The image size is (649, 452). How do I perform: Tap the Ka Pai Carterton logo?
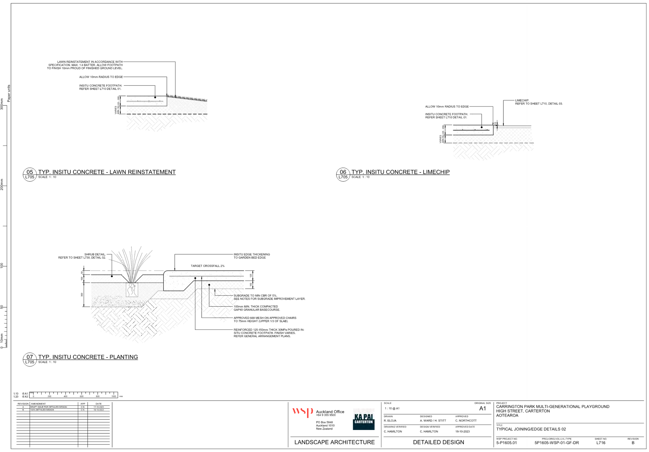tap(364, 419)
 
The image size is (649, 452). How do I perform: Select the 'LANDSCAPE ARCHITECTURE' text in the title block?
tap(334, 442)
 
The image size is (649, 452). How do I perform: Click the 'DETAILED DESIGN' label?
tap(439, 442)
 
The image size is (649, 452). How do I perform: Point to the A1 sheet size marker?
tap(482, 408)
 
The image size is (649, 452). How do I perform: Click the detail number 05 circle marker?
tap(30, 172)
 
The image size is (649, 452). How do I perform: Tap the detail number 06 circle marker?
tap(343, 172)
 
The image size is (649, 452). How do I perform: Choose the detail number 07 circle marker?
tap(30, 357)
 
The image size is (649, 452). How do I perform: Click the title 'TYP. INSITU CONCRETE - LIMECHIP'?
tap(400, 172)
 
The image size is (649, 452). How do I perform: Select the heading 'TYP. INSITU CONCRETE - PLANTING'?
tap(88, 357)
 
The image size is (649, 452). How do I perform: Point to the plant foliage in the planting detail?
tap(133, 265)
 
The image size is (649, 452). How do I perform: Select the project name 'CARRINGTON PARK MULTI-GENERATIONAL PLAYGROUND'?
tap(553, 407)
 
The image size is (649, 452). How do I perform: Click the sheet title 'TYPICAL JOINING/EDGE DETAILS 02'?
tap(531, 429)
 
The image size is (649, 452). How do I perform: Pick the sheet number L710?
tap(601, 443)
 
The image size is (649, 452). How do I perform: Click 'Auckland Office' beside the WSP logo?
tap(330, 412)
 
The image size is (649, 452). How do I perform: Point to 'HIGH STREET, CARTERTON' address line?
tap(523, 411)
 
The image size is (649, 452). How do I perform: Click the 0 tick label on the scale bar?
tap(33, 396)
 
